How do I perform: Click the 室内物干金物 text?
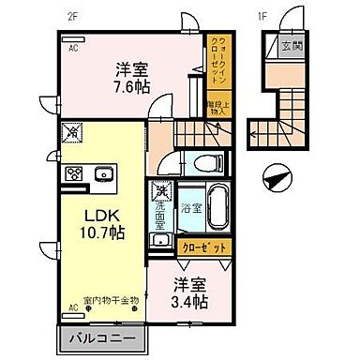111,300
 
